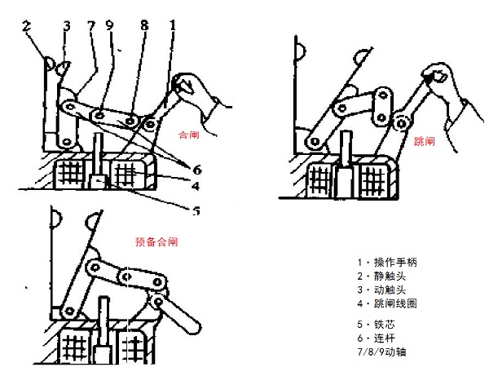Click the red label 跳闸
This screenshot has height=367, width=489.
point(425,141)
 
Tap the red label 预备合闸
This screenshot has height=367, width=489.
point(156,242)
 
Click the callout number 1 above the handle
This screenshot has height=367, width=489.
point(172,26)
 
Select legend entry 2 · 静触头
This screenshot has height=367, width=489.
point(381,276)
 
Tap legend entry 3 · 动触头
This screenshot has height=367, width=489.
point(381,290)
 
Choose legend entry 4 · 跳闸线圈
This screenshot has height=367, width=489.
point(386,304)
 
